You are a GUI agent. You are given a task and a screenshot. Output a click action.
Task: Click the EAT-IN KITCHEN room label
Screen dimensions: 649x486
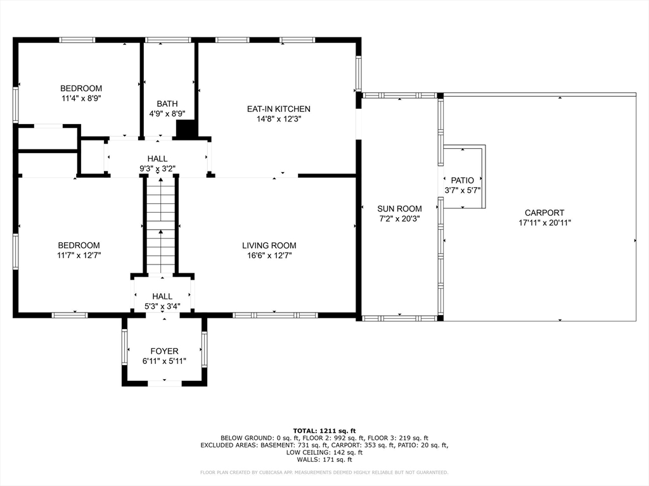(279, 109)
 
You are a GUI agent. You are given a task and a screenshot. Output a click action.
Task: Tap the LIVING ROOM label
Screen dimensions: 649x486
(269, 246)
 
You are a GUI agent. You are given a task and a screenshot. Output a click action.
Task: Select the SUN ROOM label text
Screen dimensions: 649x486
(399, 209)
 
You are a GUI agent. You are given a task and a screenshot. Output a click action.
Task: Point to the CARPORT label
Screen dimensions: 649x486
(544, 213)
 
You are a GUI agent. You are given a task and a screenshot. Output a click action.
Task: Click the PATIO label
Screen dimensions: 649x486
(462, 180)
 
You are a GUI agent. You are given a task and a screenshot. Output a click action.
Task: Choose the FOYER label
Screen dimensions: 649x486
(164, 351)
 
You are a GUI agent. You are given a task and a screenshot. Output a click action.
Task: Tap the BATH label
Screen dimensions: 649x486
(167, 104)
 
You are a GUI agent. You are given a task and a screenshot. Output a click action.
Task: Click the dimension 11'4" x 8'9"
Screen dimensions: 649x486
(81, 98)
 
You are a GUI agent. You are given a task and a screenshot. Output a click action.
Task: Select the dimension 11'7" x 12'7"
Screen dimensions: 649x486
(79, 256)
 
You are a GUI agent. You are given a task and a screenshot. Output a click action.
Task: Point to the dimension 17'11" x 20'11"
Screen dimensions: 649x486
(544, 223)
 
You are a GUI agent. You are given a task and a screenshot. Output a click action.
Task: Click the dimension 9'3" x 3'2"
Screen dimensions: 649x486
(157, 168)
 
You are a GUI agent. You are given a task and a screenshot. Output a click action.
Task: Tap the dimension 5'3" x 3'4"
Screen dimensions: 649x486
(162, 306)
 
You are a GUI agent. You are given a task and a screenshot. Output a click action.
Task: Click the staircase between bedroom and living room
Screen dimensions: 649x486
(160, 225)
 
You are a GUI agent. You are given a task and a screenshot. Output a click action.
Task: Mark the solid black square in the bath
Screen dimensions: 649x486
(187, 129)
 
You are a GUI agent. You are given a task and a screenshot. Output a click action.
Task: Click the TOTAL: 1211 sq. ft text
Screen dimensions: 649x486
(324, 430)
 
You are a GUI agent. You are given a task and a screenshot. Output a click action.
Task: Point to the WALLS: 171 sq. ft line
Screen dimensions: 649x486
(324, 459)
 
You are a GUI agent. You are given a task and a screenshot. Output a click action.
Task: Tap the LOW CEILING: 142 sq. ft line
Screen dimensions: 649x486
(324, 452)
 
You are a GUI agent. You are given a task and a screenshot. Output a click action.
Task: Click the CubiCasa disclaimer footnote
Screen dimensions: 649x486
(324, 472)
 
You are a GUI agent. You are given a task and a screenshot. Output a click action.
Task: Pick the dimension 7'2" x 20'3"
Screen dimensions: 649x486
(399, 219)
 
